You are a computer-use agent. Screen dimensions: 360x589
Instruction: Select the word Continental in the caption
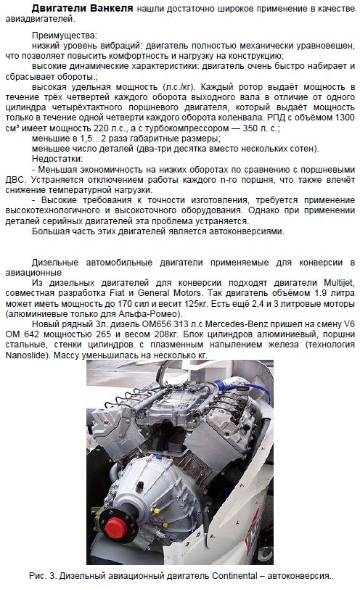tap(232, 576)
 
